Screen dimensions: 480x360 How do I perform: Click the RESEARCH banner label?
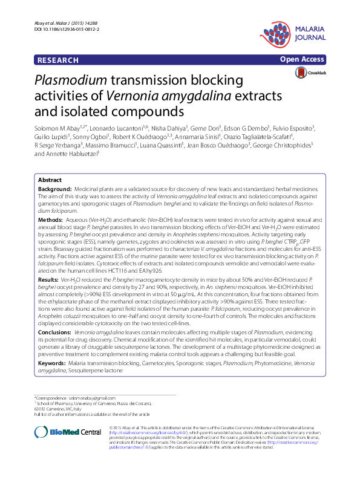[x=58, y=60]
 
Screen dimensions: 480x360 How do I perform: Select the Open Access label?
[x=303, y=60]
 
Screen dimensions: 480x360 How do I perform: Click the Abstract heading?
[x=50, y=181]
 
